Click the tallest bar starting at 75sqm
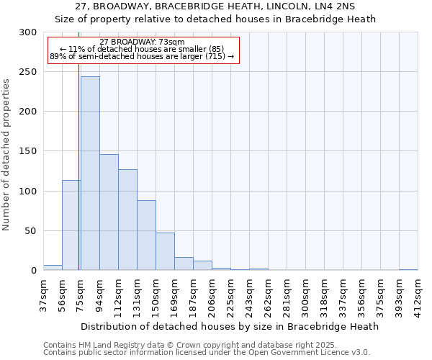pos(90,173)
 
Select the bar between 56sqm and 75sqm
pos(71,225)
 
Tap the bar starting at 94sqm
pos(109,212)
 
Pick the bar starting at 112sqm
pos(127,220)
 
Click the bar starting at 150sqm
pos(165,251)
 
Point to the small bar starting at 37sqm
pos(53,268)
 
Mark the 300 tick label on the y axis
pos(29,32)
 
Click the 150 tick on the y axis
pos(29,151)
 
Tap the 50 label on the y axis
pos(32,231)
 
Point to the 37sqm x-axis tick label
pos(43,295)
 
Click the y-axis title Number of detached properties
pos(7,155)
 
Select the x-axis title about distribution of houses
pos(230,326)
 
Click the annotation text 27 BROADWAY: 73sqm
pos(143,42)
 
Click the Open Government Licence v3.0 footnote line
pos(207,352)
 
